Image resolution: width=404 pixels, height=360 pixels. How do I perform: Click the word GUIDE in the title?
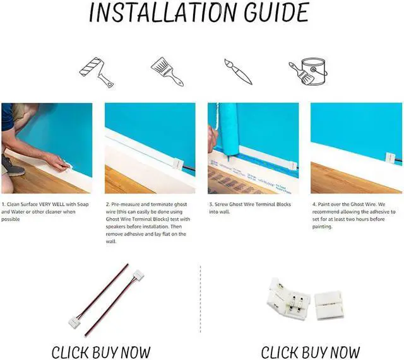[276, 13]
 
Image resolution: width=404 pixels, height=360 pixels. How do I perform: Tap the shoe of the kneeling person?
[11, 165]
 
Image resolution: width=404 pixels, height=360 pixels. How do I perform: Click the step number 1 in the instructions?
[3, 205]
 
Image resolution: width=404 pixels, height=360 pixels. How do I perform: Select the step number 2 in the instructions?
[107, 205]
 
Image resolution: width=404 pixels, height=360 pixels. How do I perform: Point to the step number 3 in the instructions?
[210, 205]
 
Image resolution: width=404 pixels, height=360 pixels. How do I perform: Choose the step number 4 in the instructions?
[314, 205]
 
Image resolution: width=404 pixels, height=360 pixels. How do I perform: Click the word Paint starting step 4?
[326, 205]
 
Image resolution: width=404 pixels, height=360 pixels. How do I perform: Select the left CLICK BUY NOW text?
[101, 351]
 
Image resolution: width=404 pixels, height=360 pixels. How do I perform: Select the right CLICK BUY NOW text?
[311, 351]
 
